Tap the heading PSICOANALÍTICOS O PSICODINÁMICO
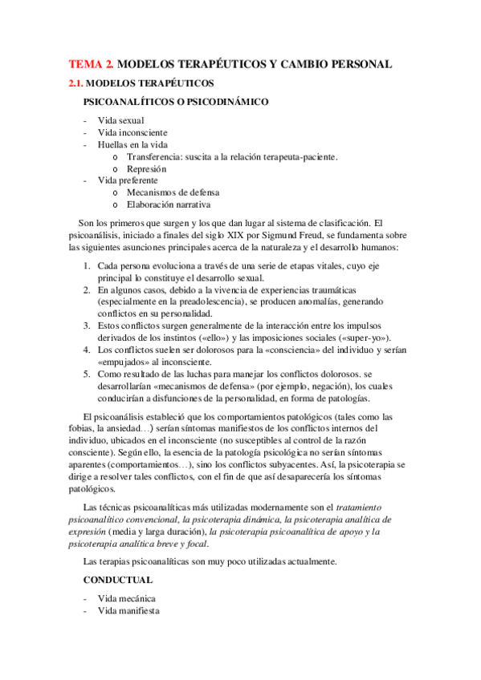pos(176,103)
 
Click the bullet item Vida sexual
pos(120,120)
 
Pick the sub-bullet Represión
pos(146,168)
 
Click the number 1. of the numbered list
pos(87,265)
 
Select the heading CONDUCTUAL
pos(118,578)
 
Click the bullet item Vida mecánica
pos(127,598)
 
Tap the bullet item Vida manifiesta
pos(128,610)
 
